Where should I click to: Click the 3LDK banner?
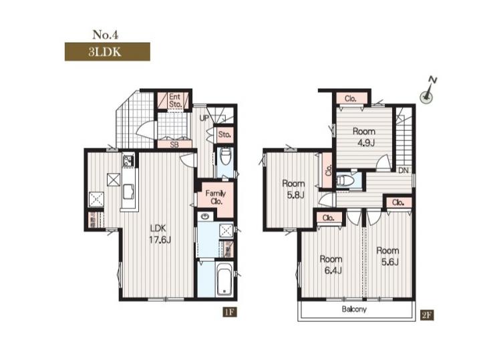coord(108,51)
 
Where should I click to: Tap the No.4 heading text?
coord(106,35)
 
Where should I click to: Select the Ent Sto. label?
coord(175,100)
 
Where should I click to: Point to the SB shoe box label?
coord(174,144)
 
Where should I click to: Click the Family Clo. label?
coord(216,197)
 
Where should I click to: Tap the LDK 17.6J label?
coord(160,233)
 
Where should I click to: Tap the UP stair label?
coord(204,118)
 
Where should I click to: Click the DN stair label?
coord(404,170)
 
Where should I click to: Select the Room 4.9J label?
coord(364,137)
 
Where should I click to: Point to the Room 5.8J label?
coord(293,189)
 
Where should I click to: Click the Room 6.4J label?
coord(331,264)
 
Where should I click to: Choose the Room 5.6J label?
coord(387,256)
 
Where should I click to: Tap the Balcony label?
coord(354,309)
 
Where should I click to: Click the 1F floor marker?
coord(230,313)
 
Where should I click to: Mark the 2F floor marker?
coord(427,315)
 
